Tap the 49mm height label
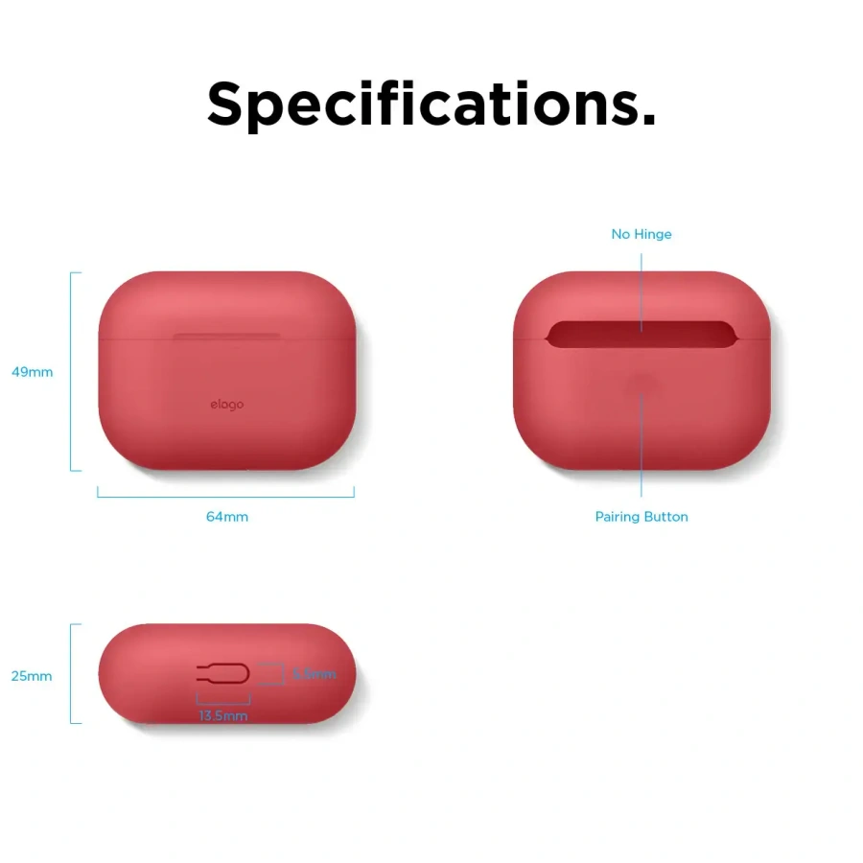click(32, 372)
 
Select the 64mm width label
click(226, 517)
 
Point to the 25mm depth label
click(32, 676)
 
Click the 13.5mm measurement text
click(223, 716)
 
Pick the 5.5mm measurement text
click(315, 674)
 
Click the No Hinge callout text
click(641, 234)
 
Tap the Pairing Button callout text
click(641, 517)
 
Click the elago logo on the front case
click(227, 405)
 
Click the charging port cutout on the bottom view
click(222, 673)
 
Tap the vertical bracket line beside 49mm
click(72, 372)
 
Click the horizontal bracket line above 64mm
click(226, 497)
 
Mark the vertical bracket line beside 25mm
click(72, 673)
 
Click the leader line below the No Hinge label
click(641, 288)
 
